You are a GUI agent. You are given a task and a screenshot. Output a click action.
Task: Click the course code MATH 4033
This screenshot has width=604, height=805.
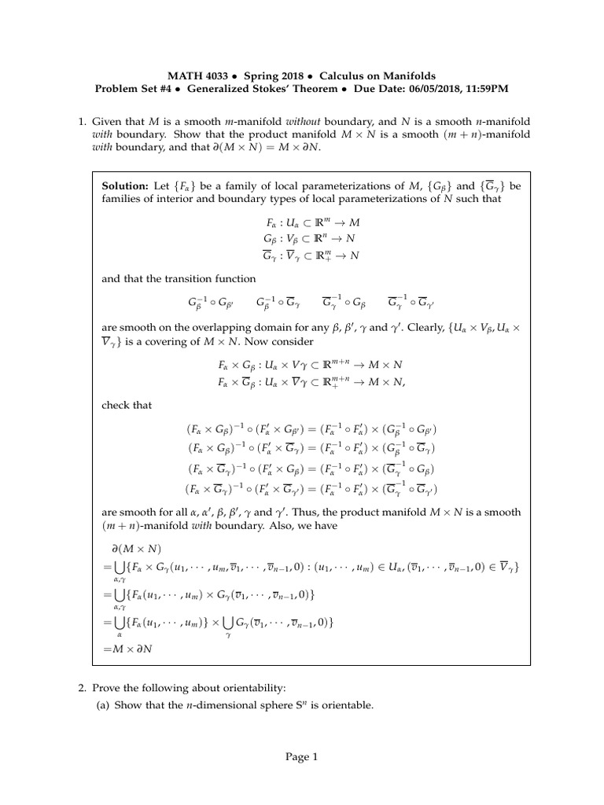tap(197, 75)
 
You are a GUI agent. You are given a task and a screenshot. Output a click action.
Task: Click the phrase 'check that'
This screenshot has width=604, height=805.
tap(127, 405)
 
